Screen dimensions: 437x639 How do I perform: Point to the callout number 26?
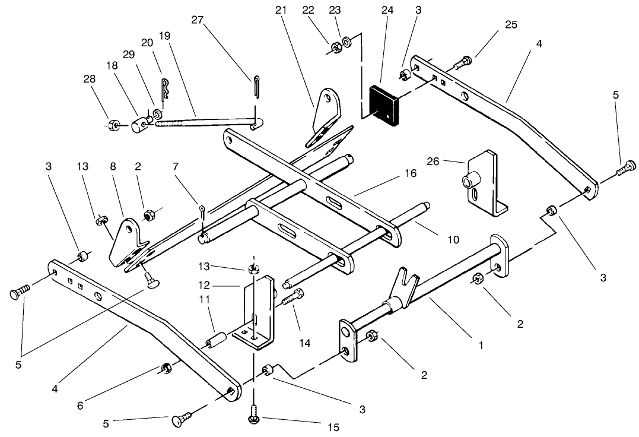click(x=450, y=160)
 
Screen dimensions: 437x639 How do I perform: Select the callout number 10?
click(x=453, y=239)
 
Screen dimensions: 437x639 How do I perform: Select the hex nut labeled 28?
click(x=115, y=125)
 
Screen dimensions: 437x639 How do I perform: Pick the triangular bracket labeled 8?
click(x=129, y=242)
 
